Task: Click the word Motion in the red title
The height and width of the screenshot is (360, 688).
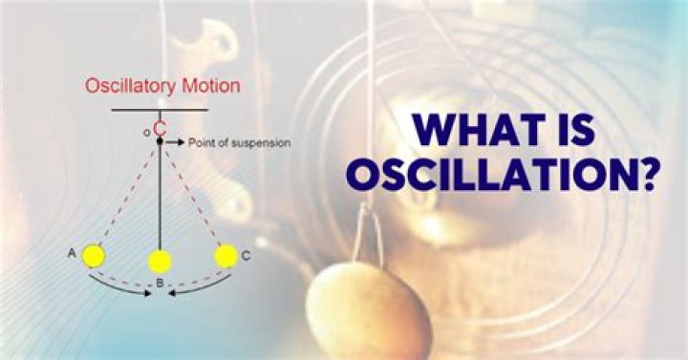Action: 211,85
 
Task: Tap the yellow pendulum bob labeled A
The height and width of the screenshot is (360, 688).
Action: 94,256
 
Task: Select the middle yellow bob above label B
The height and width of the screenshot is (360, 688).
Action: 160,262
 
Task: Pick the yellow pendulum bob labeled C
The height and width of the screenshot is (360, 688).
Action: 226,256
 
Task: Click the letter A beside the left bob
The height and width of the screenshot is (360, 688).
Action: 72,253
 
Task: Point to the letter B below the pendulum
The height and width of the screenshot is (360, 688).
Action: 160,284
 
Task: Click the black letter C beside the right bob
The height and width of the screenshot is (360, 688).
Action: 247,256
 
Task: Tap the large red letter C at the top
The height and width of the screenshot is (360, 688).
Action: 161,129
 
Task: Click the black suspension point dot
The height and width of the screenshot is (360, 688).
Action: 160,141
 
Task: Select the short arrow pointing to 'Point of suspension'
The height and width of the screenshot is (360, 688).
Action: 175,142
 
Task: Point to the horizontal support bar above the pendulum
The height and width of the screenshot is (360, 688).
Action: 160,110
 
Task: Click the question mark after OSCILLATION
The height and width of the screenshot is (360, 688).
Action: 647,175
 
